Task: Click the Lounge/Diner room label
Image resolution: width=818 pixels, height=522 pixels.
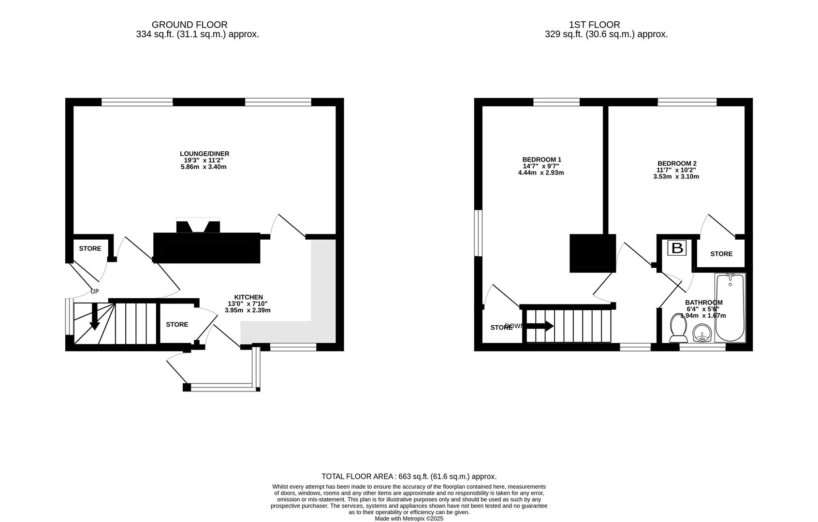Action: point(204,154)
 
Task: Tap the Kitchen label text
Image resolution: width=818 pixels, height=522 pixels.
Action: point(248,297)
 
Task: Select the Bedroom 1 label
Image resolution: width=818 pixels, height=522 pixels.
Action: point(541,159)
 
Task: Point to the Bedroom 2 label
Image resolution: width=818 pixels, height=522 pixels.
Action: point(676,163)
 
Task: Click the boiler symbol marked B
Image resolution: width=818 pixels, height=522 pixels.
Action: point(677,248)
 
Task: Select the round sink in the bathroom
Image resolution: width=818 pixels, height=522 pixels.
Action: point(701,333)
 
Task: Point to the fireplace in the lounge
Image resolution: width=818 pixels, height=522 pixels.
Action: point(198,226)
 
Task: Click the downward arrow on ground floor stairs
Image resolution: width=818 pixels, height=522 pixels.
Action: point(94,317)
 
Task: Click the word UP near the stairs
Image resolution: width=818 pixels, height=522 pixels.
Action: point(95,291)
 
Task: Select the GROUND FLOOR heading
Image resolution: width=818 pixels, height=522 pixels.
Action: point(190,25)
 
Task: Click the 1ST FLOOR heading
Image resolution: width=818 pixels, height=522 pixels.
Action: point(594,25)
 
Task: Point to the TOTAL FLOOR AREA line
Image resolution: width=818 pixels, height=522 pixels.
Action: point(409,477)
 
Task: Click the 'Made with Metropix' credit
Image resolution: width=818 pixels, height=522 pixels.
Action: point(409,519)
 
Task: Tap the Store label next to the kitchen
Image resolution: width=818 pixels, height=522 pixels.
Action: point(177,324)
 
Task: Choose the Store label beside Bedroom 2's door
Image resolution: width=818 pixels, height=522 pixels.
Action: point(721,254)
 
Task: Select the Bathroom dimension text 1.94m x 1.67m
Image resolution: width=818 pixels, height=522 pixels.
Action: point(703,316)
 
